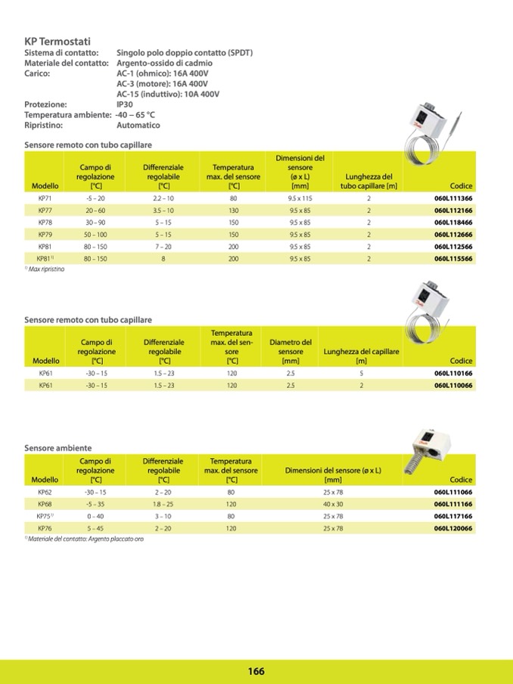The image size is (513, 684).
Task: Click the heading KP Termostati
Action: point(58,42)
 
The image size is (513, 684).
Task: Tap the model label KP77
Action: point(45,210)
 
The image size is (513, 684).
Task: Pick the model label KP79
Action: point(45,235)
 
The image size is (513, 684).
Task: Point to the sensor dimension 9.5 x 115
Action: point(300,197)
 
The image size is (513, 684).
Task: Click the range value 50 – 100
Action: point(95,235)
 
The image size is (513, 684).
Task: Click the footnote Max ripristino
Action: point(45,269)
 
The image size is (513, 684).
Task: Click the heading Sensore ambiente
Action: point(58,448)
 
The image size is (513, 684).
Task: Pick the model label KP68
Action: point(45,504)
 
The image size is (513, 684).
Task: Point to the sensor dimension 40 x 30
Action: point(333,504)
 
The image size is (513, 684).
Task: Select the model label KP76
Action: point(45,528)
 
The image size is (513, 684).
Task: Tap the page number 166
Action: point(256,671)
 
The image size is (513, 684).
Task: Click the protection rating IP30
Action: point(125,104)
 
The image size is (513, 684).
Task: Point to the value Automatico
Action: point(138,125)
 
